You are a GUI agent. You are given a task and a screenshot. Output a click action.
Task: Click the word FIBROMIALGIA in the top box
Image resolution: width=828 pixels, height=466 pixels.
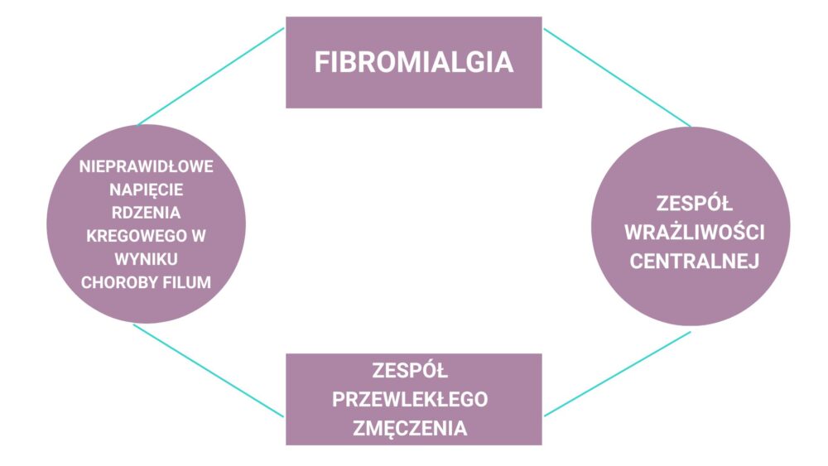coord(413,63)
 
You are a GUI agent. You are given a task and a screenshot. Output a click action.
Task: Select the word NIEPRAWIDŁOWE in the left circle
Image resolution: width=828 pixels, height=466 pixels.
coord(147,166)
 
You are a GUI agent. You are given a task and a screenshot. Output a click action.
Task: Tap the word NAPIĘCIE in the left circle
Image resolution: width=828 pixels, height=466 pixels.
coord(147,190)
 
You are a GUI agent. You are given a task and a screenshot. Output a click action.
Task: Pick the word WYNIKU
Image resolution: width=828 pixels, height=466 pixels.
coord(147,259)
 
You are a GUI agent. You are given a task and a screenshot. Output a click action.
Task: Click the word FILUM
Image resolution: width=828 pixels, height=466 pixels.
coord(186,282)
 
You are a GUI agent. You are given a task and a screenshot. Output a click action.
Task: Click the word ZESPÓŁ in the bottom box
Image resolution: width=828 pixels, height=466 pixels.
coord(411,369)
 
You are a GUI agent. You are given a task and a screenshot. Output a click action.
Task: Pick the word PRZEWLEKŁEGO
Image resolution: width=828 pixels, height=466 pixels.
coord(411,399)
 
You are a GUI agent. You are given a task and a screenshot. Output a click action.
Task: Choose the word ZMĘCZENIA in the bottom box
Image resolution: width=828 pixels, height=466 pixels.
coord(411,429)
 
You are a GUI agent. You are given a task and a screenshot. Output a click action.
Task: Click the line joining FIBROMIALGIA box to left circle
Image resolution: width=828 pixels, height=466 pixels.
coord(211,76)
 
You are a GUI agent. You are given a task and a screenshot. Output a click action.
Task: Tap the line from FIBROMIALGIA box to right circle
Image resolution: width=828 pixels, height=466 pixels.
coord(617,77)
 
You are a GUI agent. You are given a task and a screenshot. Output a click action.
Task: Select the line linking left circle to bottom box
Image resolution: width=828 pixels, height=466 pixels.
coord(209,370)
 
